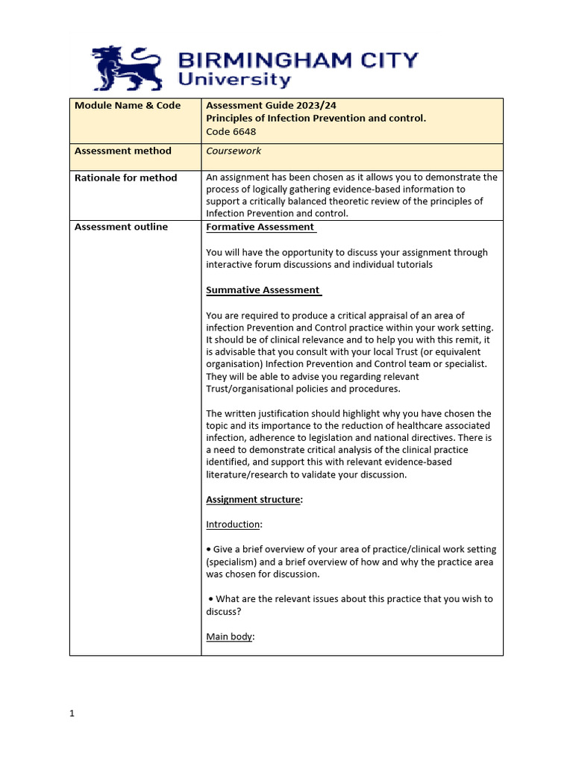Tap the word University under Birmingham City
[234, 81]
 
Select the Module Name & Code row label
[128, 105]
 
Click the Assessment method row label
[122, 151]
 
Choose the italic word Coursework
[234, 151]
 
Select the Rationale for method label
[125, 178]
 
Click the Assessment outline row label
[121, 227]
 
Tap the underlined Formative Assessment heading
[260, 227]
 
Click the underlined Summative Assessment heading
[263, 290]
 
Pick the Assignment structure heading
[253, 500]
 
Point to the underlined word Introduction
[232, 525]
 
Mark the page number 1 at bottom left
[72, 713]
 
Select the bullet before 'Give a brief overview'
[209, 550]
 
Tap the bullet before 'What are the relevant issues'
[212, 599]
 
